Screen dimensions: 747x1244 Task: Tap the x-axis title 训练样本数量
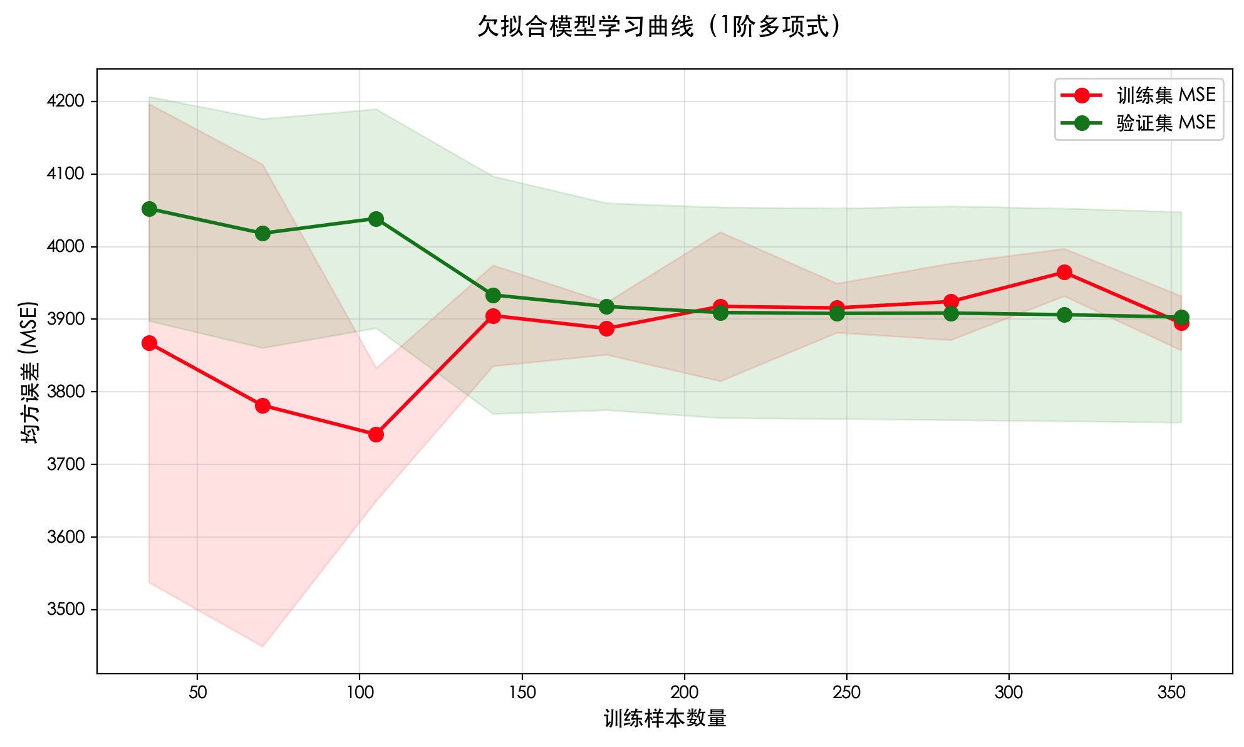pyautogui.click(x=665, y=718)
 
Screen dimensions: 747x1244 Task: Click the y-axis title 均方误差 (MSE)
pyautogui.click(x=30, y=372)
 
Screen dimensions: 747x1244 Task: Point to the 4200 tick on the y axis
pyautogui.click(x=66, y=102)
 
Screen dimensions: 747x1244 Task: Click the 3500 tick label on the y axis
pyautogui.click(x=66, y=610)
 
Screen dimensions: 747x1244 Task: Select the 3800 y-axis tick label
pyautogui.click(x=66, y=392)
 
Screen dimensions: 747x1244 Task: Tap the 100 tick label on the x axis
pyautogui.click(x=360, y=692)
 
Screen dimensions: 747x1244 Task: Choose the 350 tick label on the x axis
pyautogui.click(x=1171, y=692)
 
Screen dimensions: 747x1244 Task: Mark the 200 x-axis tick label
pyautogui.click(x=684, y=692)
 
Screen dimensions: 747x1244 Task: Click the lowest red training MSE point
pyautogui.click(x=376, y=434)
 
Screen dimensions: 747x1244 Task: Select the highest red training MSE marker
pyautogui.click(x=1064, y=272)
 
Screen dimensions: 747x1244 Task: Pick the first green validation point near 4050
pyautogui.click(x=149, y=209)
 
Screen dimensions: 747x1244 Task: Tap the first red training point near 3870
pyautogui.click(x=149, y=343)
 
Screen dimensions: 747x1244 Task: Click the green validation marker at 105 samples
pyautogui.click(x=376, y=219)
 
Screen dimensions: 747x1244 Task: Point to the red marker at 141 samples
pyautogui.click(x=493, y=316)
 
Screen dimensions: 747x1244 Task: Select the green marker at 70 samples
pyautogui.click(x=262, y=233)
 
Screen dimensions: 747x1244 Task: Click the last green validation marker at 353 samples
pyautogui.click(x=1181, y=317)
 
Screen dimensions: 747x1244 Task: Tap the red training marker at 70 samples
pyautogui.click(x=262, y=405)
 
